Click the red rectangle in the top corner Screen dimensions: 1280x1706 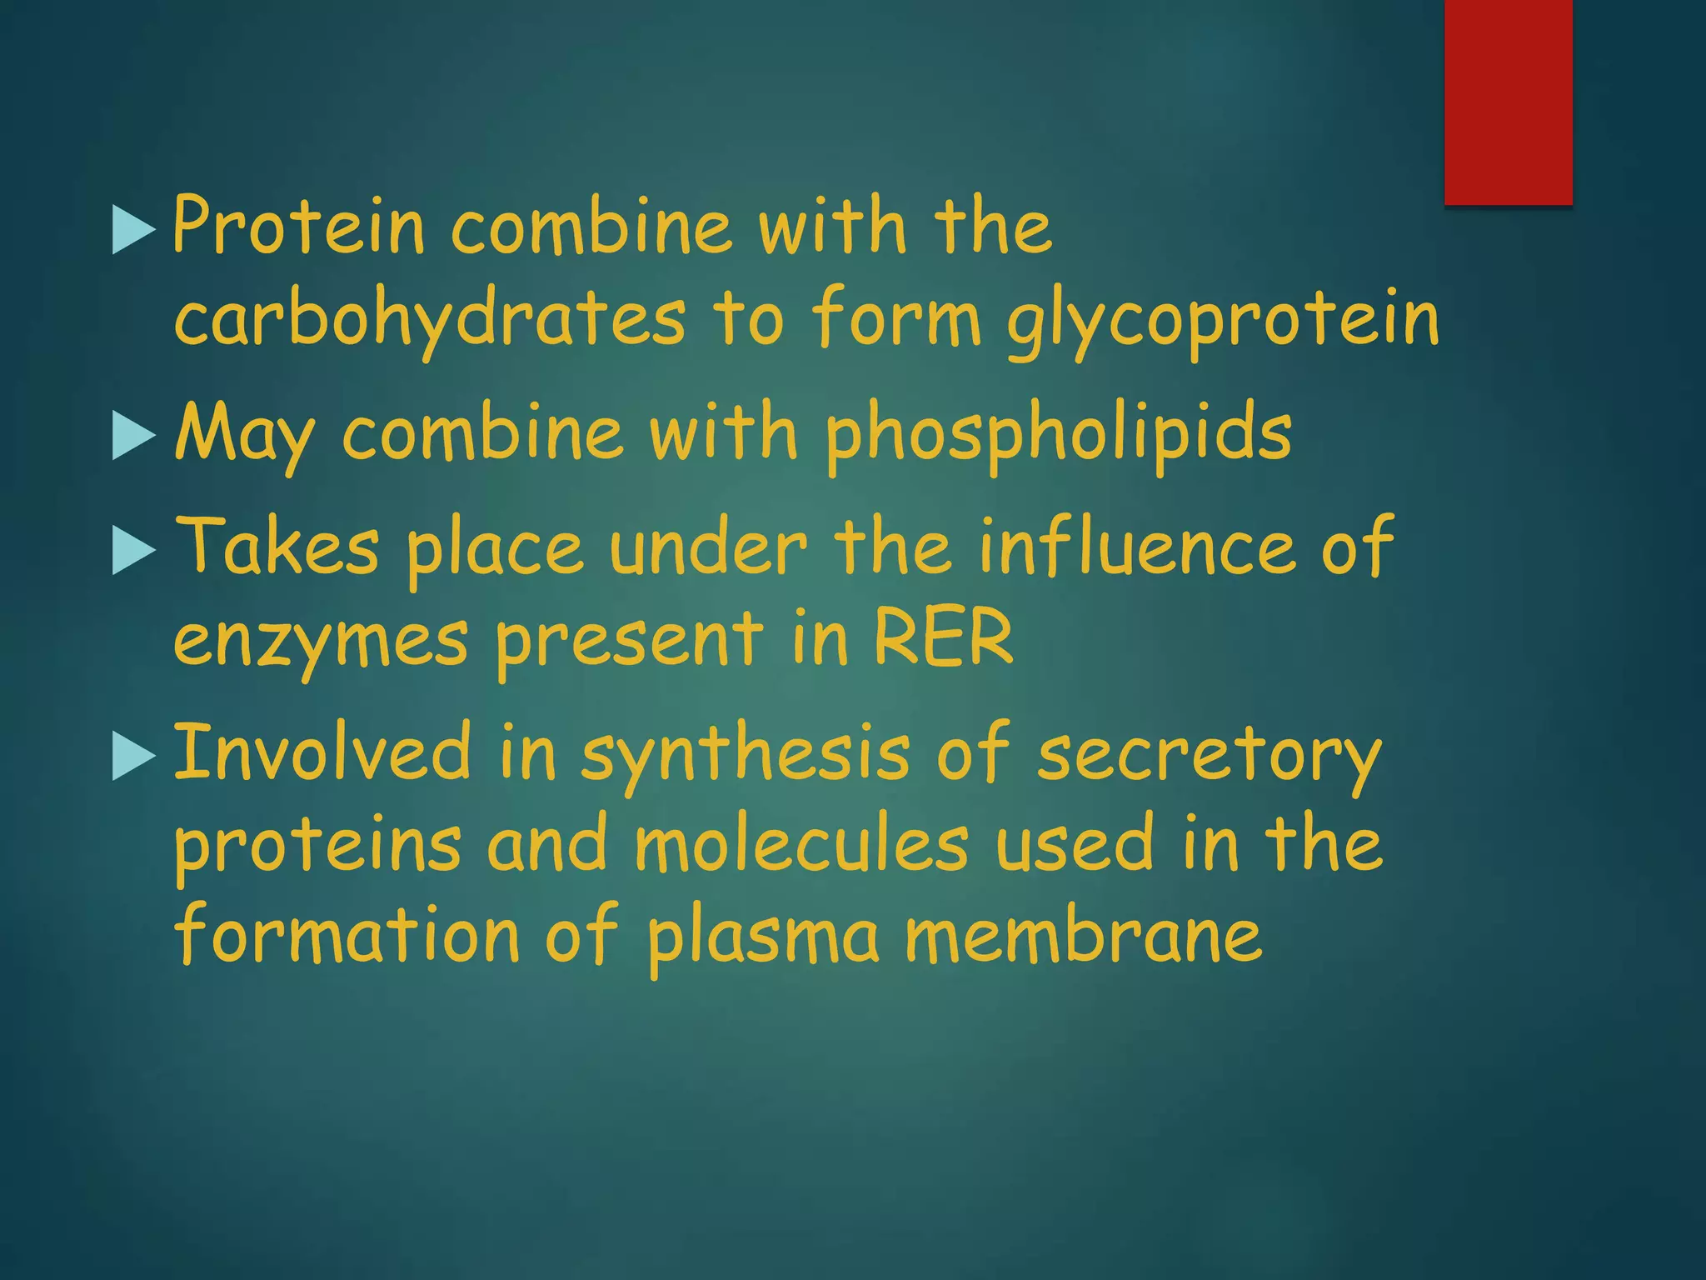tap(1508, 102)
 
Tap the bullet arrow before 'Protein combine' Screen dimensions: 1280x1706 tap(132, 230)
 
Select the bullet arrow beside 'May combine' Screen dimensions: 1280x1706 tap(132, 436)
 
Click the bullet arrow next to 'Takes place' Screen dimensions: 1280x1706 tap(132, 552)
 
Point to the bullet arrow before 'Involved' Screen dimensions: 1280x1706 tap(132, 757)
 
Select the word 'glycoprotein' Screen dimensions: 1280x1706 tap(1223, 321)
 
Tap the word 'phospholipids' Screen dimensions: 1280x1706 tap(1058, 435)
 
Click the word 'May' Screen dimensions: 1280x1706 tap(244, 435)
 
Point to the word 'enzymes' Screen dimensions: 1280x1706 tap(321, 642)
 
